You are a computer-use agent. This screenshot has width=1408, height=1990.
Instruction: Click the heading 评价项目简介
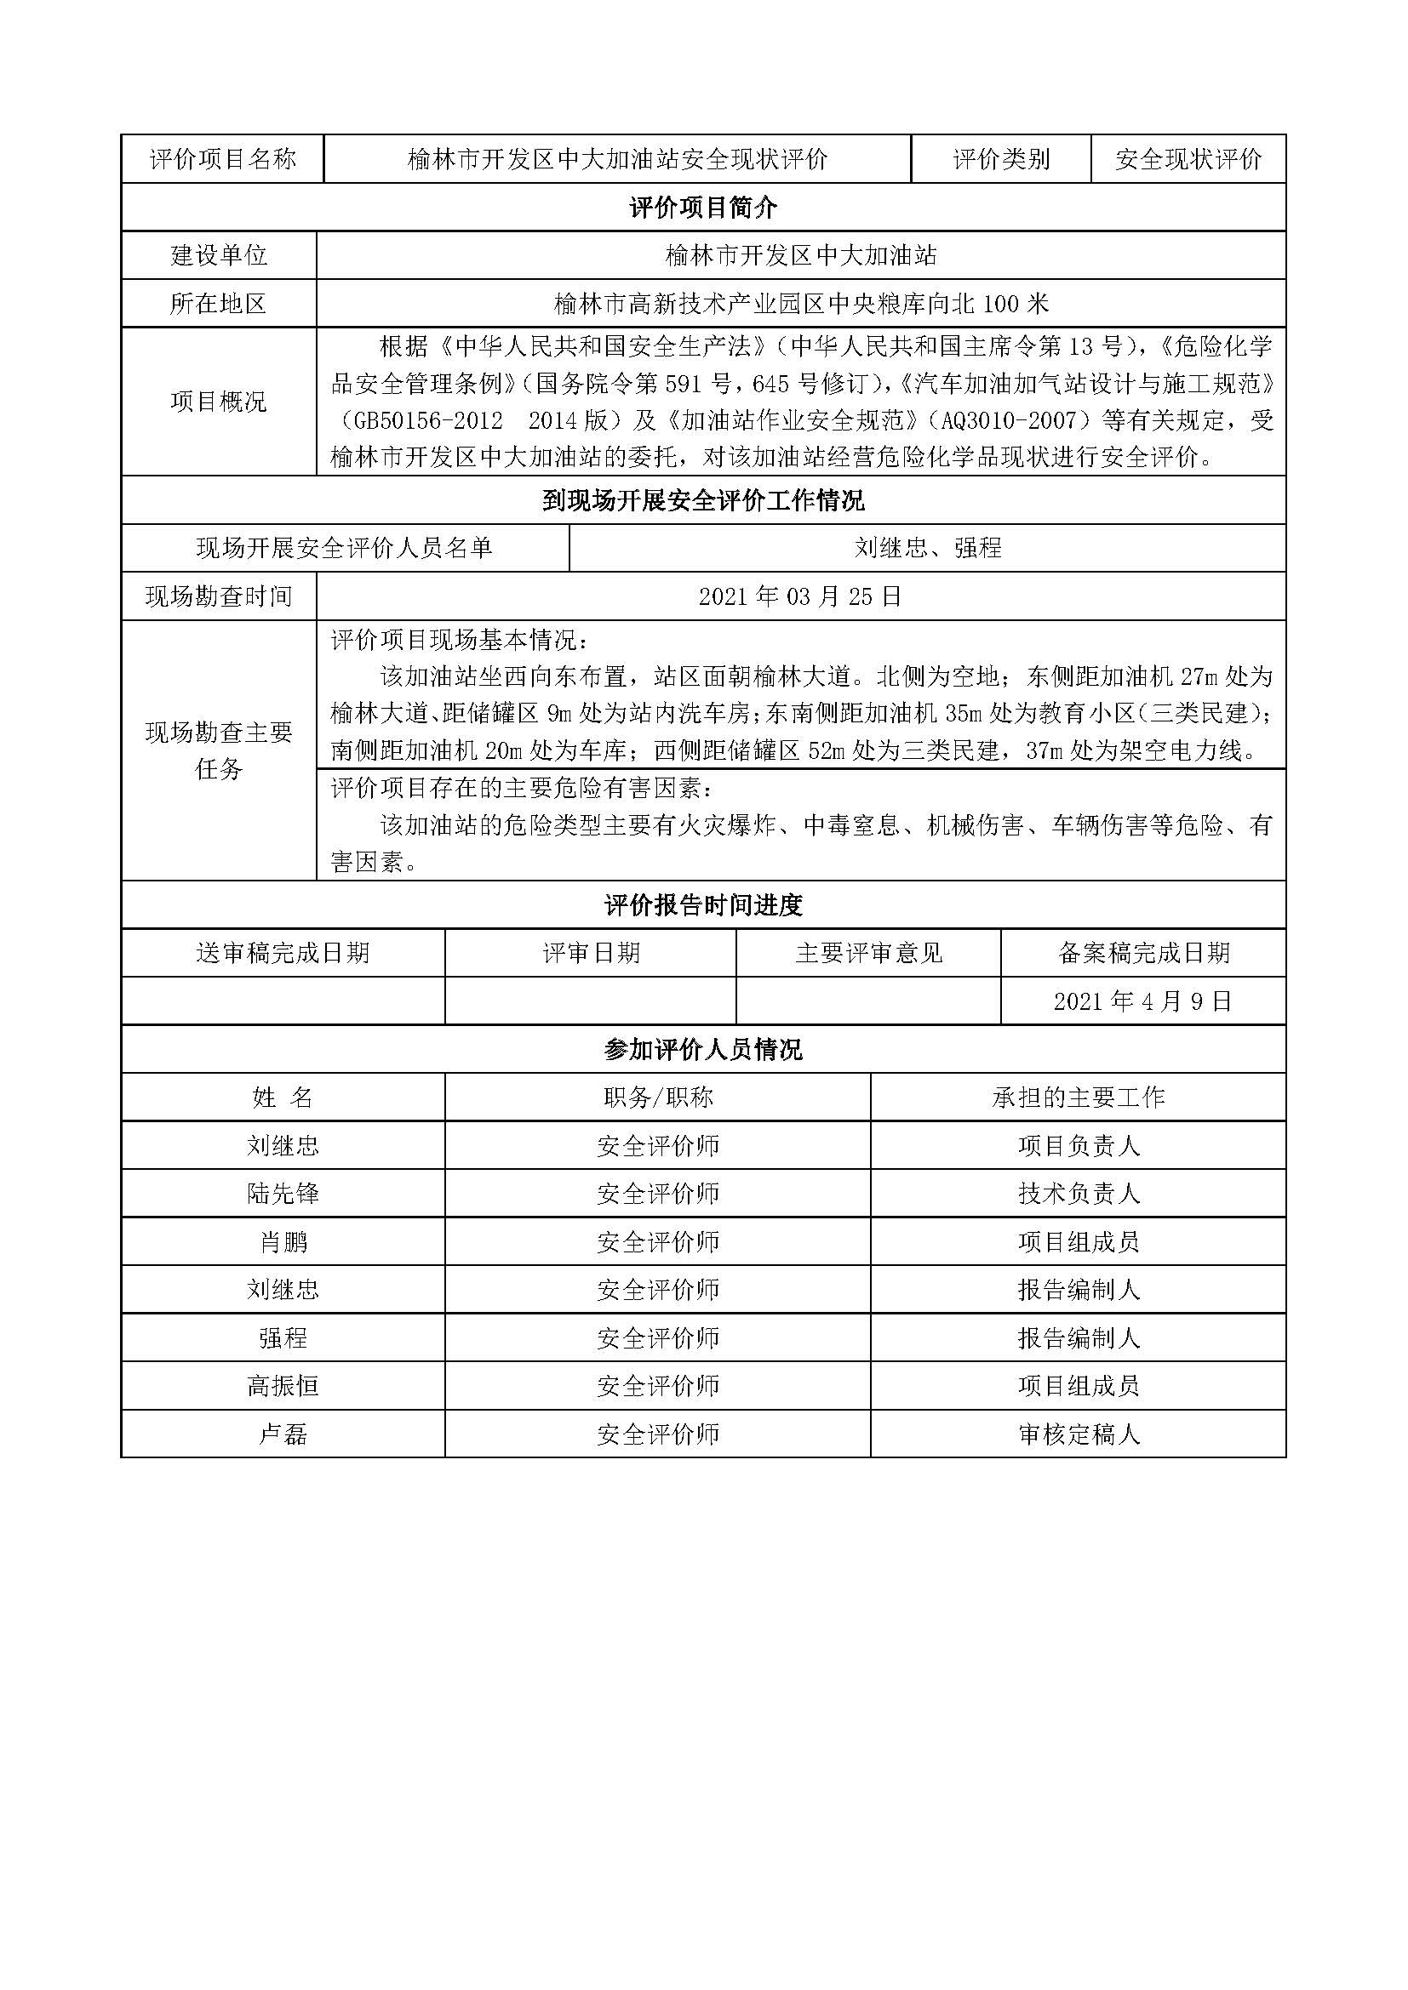point(703,207)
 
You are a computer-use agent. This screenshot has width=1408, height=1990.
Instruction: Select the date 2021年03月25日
point(800,596)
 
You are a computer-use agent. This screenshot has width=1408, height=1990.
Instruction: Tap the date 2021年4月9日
point(1142,1002)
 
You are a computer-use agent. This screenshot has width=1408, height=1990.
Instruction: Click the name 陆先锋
point(283,1194)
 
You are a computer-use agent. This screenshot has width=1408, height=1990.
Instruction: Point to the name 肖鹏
point(283,1242)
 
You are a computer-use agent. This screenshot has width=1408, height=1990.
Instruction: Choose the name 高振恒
point(283,1386)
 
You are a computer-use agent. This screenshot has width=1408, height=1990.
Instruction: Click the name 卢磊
point(283,1434)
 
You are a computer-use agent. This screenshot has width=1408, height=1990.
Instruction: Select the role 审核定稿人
point(1079,1434)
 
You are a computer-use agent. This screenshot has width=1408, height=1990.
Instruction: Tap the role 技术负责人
point(1079,1194)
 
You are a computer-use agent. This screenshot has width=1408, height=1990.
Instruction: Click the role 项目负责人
point(1079,1146)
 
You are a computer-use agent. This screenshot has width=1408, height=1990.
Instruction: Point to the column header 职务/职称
point(658,1098)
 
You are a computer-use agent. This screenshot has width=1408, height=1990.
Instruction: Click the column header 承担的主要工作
point(1079,1098)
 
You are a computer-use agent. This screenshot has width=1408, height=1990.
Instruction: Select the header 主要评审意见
point(869,954)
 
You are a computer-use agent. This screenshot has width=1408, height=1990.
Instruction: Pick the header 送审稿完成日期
point(283,954)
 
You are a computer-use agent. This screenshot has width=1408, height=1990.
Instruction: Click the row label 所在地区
point(219,304)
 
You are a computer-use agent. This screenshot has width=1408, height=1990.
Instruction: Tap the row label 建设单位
point(219,255)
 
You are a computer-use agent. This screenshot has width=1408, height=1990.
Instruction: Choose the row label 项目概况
point(219,402)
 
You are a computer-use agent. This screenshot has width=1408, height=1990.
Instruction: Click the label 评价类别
point(1001,158)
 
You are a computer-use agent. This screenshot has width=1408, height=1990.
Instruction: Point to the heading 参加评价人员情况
point(703,1050)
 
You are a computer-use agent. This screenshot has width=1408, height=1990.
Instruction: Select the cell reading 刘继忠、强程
point(928,548)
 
